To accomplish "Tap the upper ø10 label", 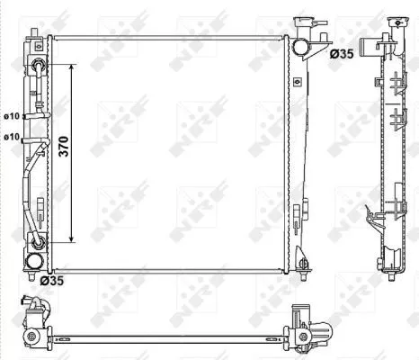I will (x=13, y=116).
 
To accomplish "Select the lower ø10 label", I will (x=13, y=137).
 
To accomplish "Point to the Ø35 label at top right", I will (x=341, y=55).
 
